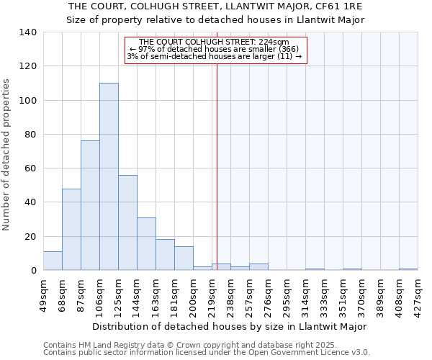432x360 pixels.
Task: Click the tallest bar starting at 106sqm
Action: [109, 176]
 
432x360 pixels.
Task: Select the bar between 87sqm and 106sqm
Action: [90, 205]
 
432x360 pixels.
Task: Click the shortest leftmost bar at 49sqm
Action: [53, 261]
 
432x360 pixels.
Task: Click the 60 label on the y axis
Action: [31, 168]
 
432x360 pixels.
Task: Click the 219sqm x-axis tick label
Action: [212, 294]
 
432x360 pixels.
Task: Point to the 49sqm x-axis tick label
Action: [43, 294]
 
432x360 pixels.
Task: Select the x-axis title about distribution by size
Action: [230, 326]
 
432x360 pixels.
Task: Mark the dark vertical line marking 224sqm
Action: [217, 166]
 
